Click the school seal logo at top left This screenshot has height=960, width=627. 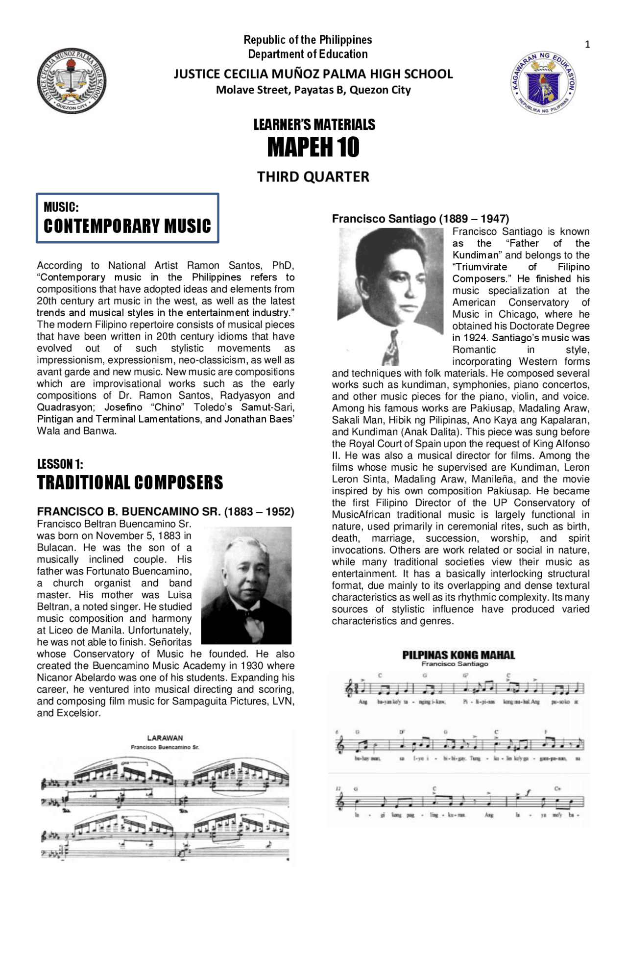tap(72, 81)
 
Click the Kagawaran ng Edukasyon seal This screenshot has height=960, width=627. tap(544, 83)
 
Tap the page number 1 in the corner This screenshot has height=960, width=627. tap(587, 45)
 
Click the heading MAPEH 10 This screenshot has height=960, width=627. tap(313, 147)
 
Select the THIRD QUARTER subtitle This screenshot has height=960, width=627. tap(313, 177)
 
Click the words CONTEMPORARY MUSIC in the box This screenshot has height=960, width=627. tap(127, 226)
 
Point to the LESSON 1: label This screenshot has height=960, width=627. tap(60, 464)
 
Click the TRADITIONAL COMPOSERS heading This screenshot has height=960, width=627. tap(130, 482)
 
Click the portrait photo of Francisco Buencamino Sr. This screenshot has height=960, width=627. tap(246, 585)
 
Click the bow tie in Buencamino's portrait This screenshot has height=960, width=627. tap(255, 613)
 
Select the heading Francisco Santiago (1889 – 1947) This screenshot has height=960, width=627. tap(420, 219)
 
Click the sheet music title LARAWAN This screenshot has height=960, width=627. tap(165, 738)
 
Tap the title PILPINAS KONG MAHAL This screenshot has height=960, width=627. tap(458, 655)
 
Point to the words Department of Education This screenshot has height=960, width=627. tap(308, 54)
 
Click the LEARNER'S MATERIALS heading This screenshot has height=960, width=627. tap(314, 125)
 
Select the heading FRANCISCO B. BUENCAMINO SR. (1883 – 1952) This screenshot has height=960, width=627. tap(166, 512)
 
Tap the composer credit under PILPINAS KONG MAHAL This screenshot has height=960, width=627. tap(455, 664)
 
